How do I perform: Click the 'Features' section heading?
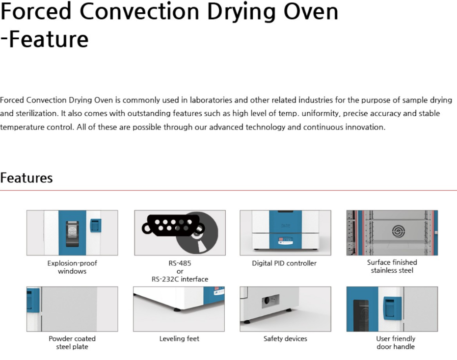click(26, 178)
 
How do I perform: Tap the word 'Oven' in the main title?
click(311, 12)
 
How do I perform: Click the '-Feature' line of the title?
click(44, 40)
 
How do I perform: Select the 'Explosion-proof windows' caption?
click(72, 267)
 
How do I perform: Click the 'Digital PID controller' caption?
click(284, 263)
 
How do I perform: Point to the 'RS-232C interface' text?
click(180, 279)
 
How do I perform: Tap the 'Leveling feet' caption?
click(179, 339)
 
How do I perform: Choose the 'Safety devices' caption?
click(285, 339)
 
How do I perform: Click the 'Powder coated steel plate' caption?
click(72, 342)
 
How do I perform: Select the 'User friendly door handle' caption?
click(396, 342)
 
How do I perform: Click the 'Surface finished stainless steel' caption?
click(392, 266)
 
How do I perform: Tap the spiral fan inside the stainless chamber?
click(398, 231)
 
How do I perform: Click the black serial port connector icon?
click(172, 226)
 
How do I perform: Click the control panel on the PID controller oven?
click(285, 240)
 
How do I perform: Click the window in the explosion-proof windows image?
click(72, 233)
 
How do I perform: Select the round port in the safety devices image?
click(267, 300)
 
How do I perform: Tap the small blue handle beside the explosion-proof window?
click(96, 226)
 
